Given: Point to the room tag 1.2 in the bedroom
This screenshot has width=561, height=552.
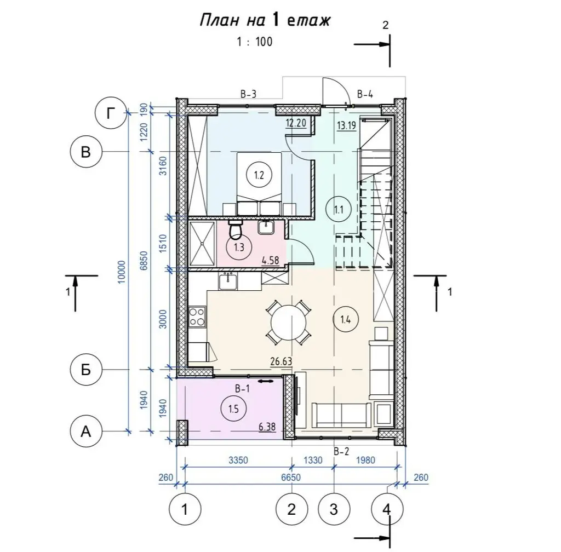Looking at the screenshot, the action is (x=259, y=175).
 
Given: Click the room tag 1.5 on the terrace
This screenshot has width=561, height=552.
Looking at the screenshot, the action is (x=233, y=409).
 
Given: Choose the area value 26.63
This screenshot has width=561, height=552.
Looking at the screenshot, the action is (x=281, y=361).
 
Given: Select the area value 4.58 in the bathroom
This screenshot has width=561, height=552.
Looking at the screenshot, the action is (x=270, y=260).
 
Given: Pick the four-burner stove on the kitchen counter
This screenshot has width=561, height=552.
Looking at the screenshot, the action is (x=197, y=317).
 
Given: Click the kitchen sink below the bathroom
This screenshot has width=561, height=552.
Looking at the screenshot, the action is (x=227, y=281).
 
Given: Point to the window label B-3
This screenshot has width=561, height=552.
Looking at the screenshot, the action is (x=248, y=94).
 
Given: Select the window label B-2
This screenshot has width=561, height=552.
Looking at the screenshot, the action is (x=341, y=452).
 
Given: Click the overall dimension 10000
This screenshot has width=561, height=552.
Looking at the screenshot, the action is (x=122, y=272).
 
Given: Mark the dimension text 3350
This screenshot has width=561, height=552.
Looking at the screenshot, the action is (x=238, y=460).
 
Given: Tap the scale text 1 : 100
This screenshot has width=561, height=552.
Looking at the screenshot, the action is (x=254, y=42).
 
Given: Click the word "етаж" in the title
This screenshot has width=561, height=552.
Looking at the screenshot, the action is (x=308, y=21).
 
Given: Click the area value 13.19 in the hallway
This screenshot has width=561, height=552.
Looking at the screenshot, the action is (x=346, y=125).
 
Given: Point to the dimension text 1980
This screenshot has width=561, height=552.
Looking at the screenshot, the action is (x=365, y=460).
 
